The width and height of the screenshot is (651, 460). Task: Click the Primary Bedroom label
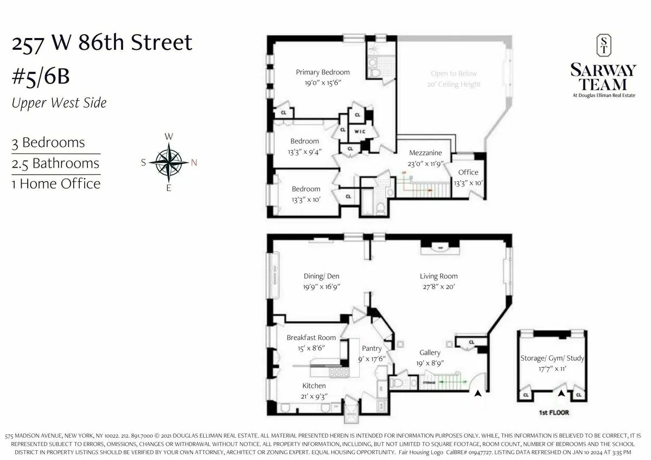[x=322, y=72]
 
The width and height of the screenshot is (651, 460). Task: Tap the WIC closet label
[x=358, y=132]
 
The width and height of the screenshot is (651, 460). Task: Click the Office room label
[x=468, y=173]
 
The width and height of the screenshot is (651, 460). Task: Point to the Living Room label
[x=438, y=276]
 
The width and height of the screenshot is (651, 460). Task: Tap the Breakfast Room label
[x=311, y=337]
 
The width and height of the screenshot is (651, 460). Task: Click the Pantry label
[x=372, y=348]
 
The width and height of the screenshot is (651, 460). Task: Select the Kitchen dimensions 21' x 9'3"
[x=314, y=397]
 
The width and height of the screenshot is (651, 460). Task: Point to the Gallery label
[x=430, y=353]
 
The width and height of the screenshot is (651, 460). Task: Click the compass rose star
[x=169, y=162]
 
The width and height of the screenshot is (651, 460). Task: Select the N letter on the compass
[x=194, y=162]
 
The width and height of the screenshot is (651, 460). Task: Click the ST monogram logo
[x=602, y=46]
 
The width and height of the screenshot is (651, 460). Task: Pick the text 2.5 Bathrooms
[x=56, y=163]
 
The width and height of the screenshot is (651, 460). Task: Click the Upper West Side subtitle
[x=59, y=103]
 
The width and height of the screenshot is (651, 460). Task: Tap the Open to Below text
[x=454, y=74]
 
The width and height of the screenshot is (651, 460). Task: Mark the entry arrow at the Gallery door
[x=477, y=394]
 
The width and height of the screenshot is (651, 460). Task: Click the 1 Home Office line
[x=56, y=184]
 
